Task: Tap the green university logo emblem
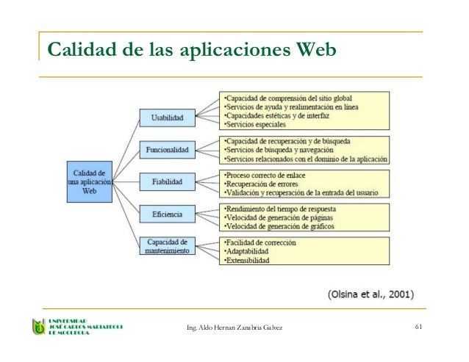pos(37,327)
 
